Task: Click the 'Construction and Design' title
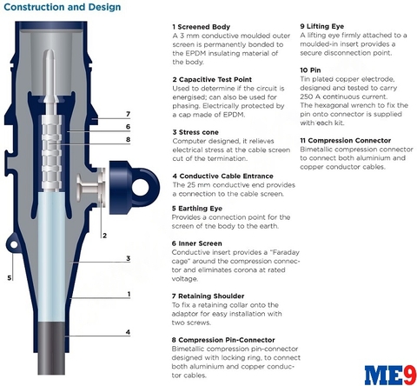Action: click(x=63, y=7)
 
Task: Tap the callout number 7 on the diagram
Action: click(x=128, y=114)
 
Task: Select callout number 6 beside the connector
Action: click(x=128, y=127)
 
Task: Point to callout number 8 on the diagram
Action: click(x=128, y=139)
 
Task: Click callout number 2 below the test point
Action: click(x=104, y=236)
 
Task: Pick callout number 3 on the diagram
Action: click(x=128, y=258)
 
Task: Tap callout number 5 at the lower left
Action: click(x=10, y=277)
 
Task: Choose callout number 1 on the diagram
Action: click(x=129, y=294)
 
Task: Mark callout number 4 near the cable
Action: click(x=128, y=332)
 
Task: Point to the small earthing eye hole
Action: click(x=14, y=245)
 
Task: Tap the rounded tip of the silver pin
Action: click(x=50, y=52)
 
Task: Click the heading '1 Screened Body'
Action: click(x=202, y=27)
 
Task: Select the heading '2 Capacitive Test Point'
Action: click(x=212, y=79)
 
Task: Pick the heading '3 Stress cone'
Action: click(x=195, y=132)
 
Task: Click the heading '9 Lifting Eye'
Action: click(x=322, y=26)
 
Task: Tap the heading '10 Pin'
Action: click(x=310, y=70)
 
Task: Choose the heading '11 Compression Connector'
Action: click(x=346, y=141)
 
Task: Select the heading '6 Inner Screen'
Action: click(x=197, y=243)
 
